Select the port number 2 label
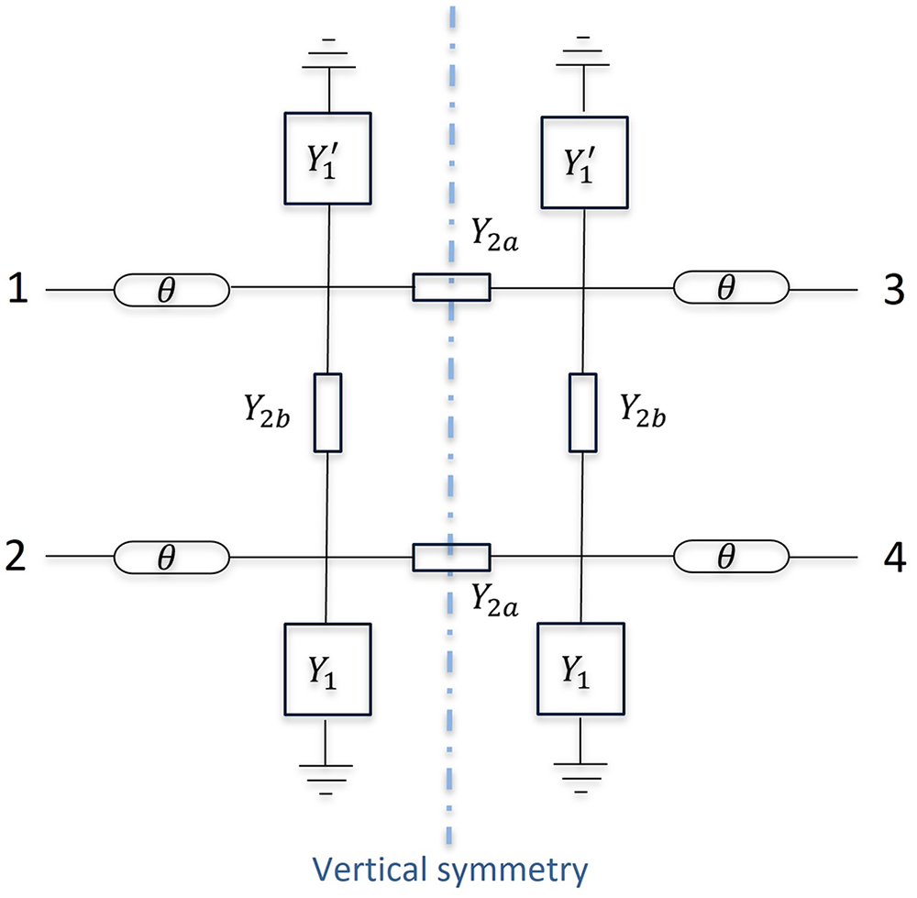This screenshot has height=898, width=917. pos(17,557)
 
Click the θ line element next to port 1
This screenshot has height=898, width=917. pos(171,290)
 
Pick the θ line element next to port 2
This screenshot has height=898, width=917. pos(171,557)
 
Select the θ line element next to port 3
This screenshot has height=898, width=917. pos(731,290)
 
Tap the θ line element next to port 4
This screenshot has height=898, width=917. pos(731,557)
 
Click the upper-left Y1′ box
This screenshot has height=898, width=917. pos(327,158)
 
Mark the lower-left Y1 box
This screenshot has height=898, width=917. pos(327,669)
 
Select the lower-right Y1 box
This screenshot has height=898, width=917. pos(582,670)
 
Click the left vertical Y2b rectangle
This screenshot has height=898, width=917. pos(327,413)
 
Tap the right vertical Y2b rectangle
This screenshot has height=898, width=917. pos(582,413)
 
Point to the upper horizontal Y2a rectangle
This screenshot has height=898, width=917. pos(450,288)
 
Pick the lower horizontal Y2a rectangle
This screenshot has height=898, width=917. pos(450,557)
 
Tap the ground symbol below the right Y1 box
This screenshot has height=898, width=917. pos(582,772)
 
